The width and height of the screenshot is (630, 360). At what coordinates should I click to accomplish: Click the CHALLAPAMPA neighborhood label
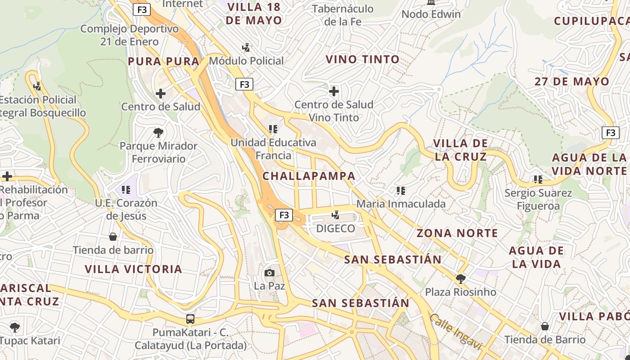(309, 176)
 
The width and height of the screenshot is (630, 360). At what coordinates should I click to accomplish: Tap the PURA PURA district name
(163, 62)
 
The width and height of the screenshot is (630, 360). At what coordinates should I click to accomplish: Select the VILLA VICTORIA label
(134, 269)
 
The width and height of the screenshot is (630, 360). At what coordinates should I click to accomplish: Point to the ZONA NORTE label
(457, 233)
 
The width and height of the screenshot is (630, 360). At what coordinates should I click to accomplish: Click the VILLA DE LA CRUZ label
(460, 150)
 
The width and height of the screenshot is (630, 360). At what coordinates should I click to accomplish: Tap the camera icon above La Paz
(270, 273)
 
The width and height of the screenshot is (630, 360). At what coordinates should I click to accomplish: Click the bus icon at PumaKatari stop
(190, 319)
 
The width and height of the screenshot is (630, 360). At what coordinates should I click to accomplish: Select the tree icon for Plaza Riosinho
(460, 279)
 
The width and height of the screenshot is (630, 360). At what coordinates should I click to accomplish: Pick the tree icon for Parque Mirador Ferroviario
(158, 133)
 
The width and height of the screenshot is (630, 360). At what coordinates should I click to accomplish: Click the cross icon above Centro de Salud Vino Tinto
(333, 92)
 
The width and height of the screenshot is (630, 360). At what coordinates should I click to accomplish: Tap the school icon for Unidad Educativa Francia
(273, 130)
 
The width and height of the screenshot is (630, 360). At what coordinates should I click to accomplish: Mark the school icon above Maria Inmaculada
(400, 191)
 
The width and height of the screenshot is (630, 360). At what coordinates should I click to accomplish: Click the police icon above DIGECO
(335, 215)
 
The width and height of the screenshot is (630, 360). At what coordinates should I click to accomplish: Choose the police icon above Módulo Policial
(246, 47)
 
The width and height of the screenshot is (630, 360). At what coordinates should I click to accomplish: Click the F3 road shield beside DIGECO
(284, 215)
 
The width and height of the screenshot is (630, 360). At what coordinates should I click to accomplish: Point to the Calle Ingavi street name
(455, 332)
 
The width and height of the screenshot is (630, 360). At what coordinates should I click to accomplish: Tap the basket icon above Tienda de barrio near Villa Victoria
(113, 237)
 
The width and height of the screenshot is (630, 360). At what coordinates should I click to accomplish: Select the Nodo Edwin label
(431, 14)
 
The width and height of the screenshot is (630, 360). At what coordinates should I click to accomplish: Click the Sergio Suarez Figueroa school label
(538, 199)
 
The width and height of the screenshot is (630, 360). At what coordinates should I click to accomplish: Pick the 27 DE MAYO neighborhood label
(572, 82)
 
